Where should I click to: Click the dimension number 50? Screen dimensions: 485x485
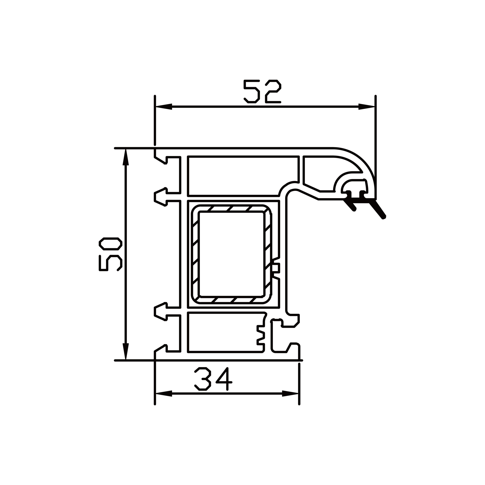coord(110,254)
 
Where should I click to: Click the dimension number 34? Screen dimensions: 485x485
coord(213,379)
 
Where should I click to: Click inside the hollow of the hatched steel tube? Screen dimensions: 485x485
coord(231,254)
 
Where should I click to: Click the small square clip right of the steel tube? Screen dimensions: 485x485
coord(276,268)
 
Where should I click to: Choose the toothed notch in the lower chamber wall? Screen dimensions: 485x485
coord(260,335)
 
